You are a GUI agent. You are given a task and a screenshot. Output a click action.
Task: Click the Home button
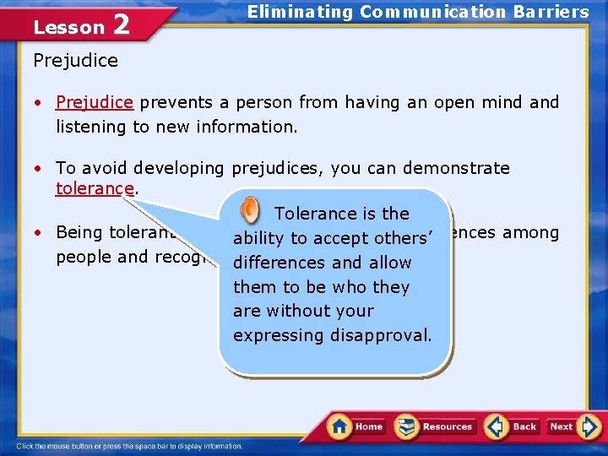click(x=356, y=426)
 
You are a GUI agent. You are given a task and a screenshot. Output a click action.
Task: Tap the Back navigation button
click(x=512, y=426)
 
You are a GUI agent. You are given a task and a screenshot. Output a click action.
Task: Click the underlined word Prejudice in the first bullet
click(x=95, y=102)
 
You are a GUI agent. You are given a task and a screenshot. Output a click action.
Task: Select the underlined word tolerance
click(x=95, y=188)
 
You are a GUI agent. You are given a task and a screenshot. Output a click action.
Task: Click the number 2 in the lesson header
click(x=121, y=25)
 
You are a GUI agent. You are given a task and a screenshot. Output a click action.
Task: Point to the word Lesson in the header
click(x=68, y=28)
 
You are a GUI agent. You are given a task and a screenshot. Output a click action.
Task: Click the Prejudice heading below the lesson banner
click(x=76, y=61)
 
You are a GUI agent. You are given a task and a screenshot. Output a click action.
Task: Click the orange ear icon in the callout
click(x=250, y=210)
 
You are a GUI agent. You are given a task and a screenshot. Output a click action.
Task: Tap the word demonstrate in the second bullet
click(x=456, y=168)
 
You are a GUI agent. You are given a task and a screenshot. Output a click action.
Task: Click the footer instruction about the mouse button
click(x=130, y=446)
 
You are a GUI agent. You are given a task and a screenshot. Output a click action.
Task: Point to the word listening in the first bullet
click(x=90, y=127)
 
